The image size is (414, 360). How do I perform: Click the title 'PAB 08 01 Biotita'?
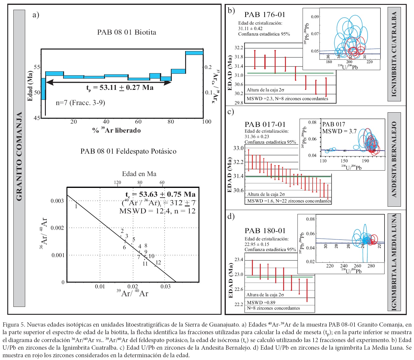coord(127,32)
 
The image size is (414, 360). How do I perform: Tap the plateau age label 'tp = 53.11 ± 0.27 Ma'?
coord(120,88)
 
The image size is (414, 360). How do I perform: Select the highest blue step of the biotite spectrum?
coord(194,53)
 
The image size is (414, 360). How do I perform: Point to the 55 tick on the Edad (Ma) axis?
coord(37,67)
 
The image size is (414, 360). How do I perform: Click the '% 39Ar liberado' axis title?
coord(117,131)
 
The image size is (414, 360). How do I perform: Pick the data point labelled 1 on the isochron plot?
coord(76,206)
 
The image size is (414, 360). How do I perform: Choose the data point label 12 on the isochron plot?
coord(158,263)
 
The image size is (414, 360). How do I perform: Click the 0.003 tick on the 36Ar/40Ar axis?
coord(57,201)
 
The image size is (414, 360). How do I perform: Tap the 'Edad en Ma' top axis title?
coord(139,174)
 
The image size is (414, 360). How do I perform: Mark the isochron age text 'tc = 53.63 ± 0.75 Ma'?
coord(160,194)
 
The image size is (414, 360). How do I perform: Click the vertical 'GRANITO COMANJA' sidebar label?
coord(19,156)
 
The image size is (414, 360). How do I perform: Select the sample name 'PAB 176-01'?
coord(265,15)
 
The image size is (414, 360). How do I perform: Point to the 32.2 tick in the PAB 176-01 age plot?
coord(239,48)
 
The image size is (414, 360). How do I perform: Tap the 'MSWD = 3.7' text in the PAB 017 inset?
coord(339,131)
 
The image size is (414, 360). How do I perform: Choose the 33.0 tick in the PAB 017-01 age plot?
coord(239,148)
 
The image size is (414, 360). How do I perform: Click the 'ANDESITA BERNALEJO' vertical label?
coord(394,159)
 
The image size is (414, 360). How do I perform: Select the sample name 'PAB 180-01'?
coord(265,231)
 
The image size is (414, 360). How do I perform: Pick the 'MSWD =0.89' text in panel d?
coord(261,302)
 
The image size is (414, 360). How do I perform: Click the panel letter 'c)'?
coord(231,112)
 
